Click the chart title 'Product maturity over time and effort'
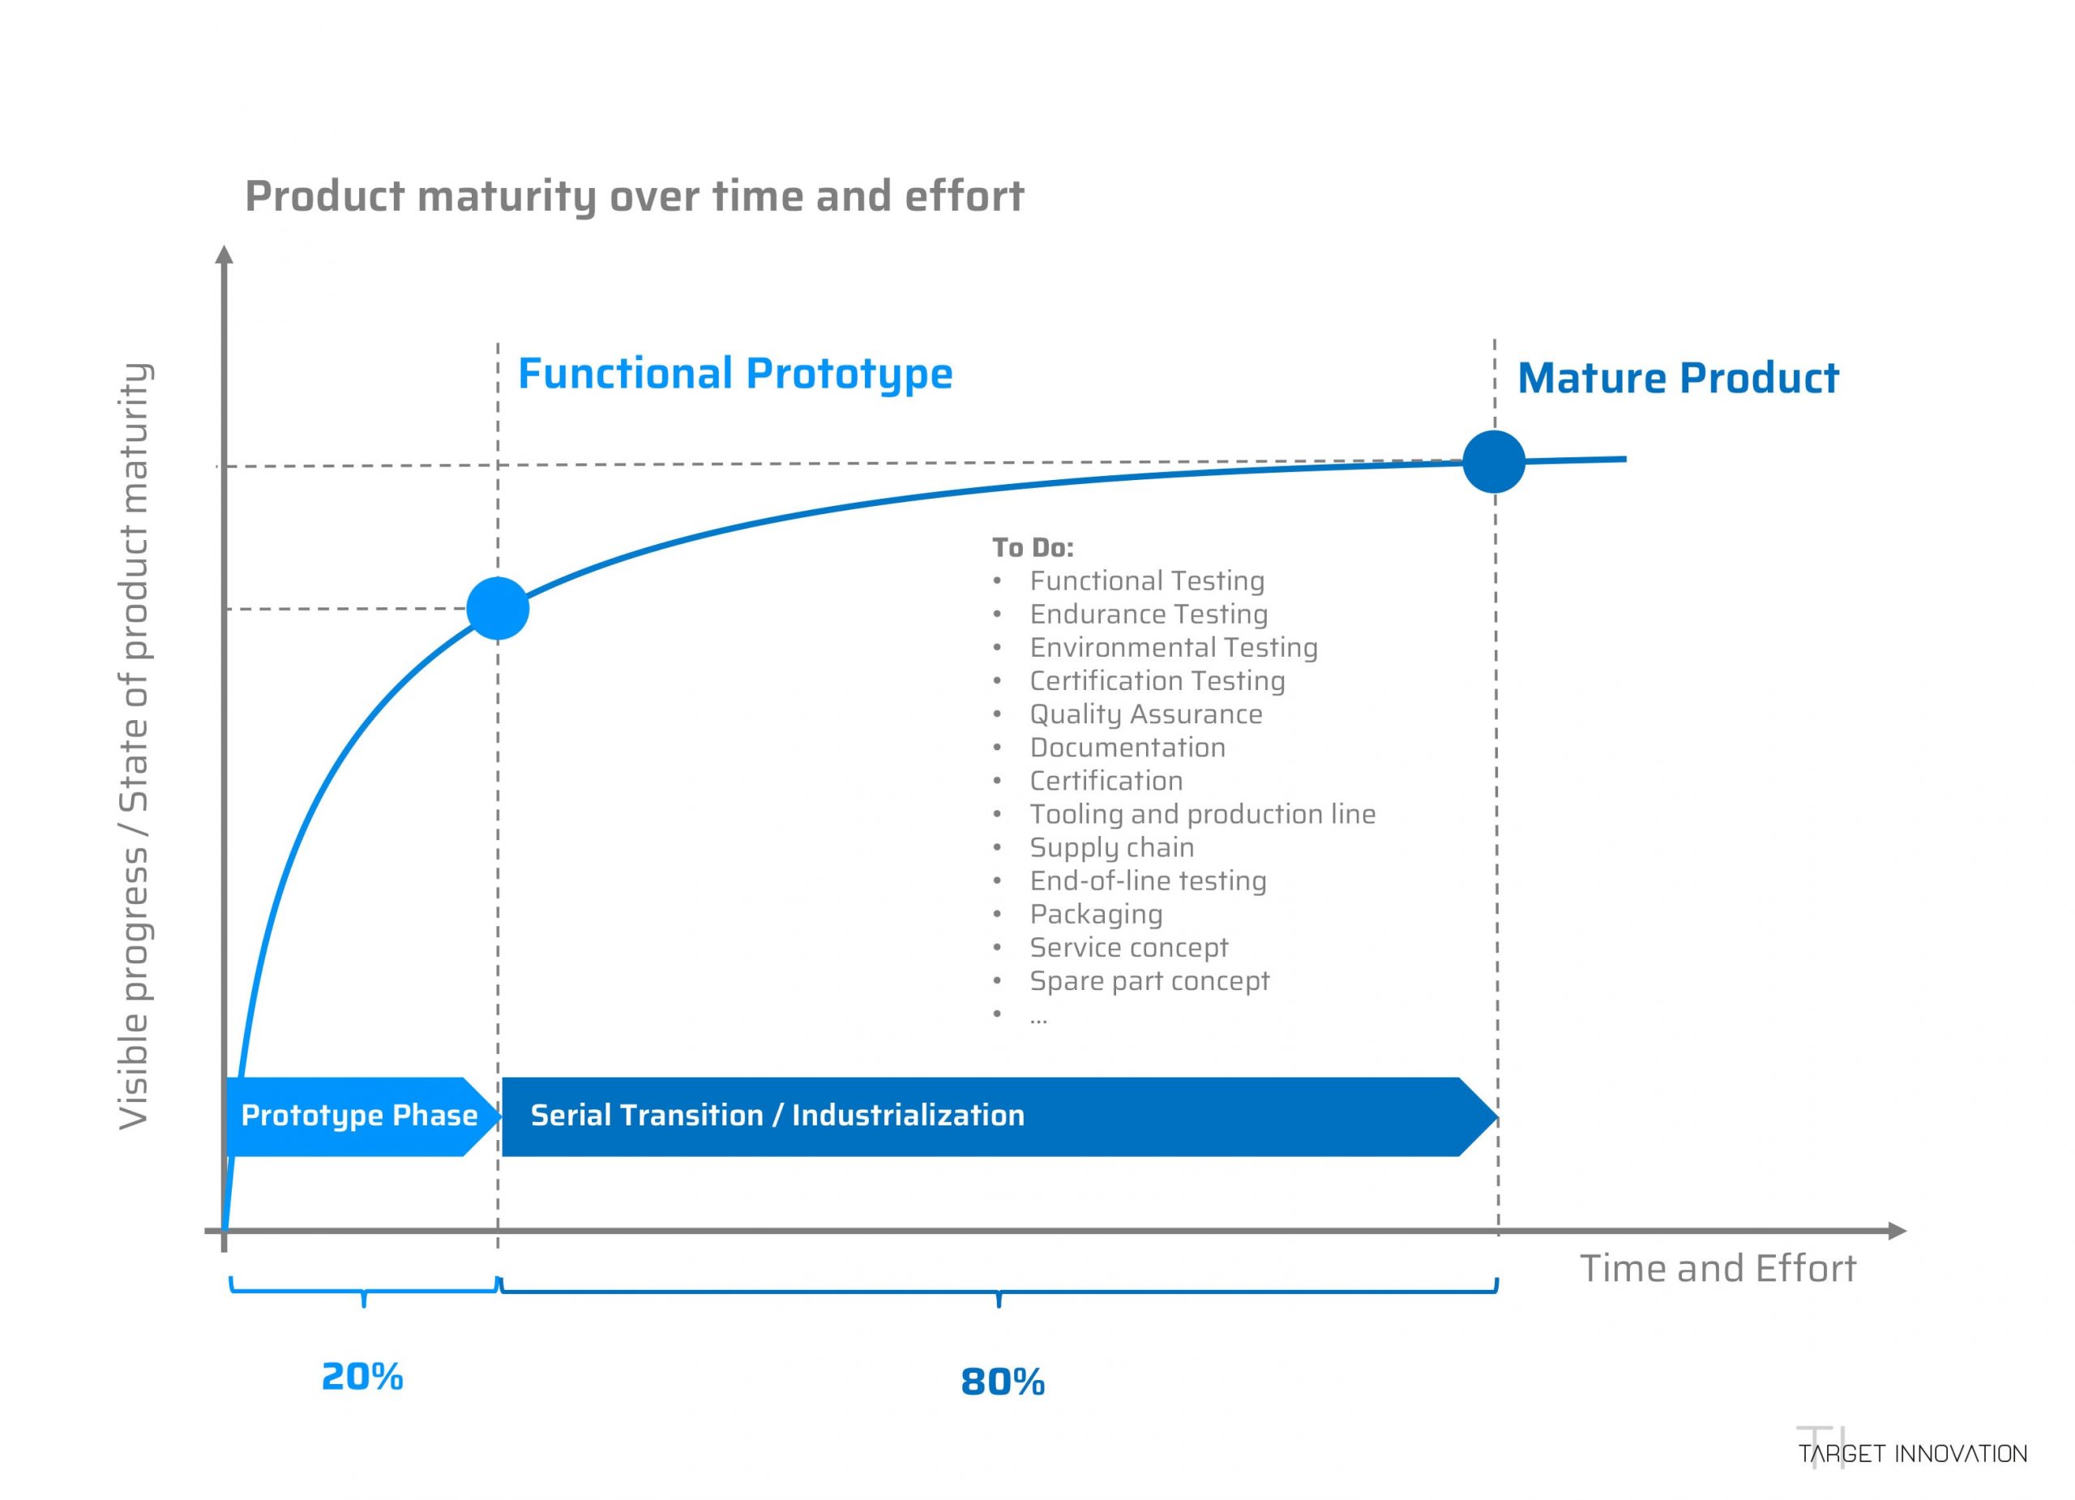pyautogui.click(x=634, y=197)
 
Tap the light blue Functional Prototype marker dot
pyautogui.click(x=498, y=609)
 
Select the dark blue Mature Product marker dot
pyautogui.click(x=1493, y=461)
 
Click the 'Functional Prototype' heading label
pyautogui.click(x=734, y=374)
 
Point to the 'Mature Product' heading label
pyautogui.click(x=1678, y=378)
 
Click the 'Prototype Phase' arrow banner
pyautogui.click(x=358, y=1115)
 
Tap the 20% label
pyautogui.click(x=362, y=1377)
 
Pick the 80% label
pyautogui.click(x=1002, y=1382)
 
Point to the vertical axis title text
pyautogui.click(x=135, y=746)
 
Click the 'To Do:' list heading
pyautogui.click(x=1032, y=547)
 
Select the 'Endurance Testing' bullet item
pyautogui.click(x=1149, y=614)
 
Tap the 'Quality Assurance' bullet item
pyautogui.click(x=1145, y=714)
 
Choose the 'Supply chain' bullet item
pyautogui.click(x=1111, y=847)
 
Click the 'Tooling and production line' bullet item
pyautogui.click(x=1202, y=813)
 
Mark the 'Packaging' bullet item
pyautogui.click(x=1096, y=915)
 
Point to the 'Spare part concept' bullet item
pyautogui.click(x=1149, y=981)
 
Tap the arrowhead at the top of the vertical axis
pyautogui.click(x=225, y=254)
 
